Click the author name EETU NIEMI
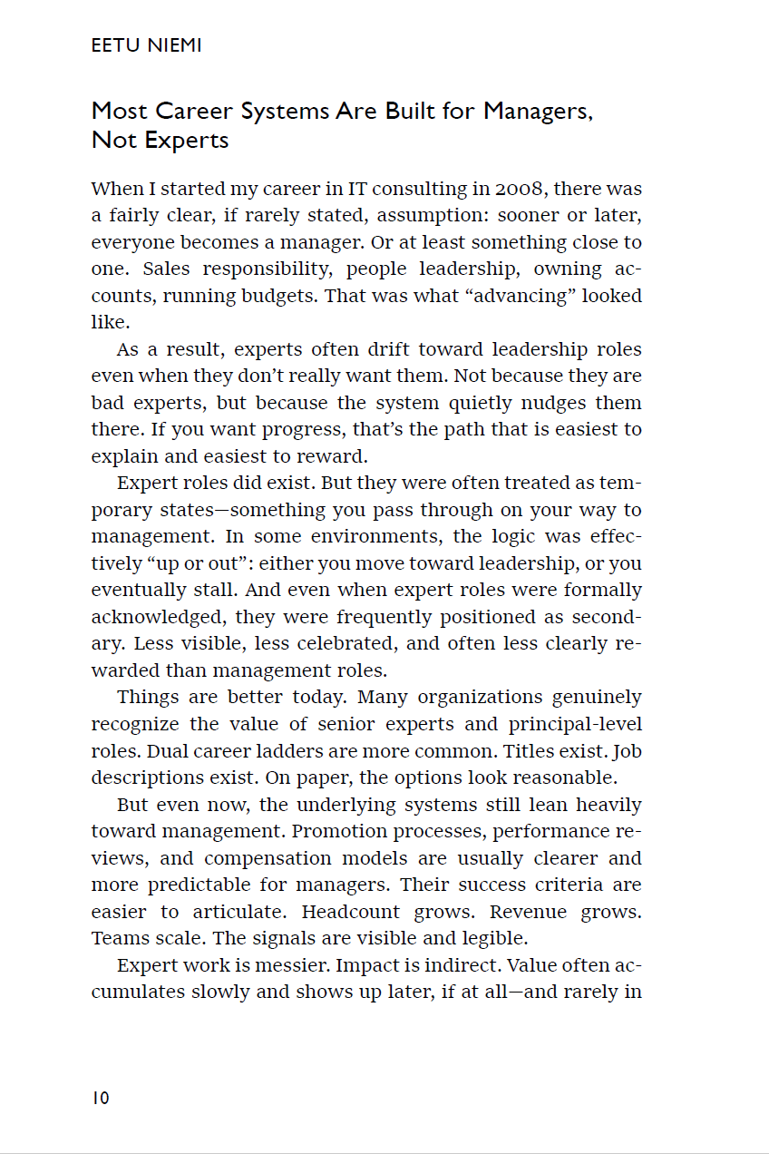[146, 45]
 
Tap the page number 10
[100, 1098]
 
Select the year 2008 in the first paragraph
[520, 189]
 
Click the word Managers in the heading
[537, 112]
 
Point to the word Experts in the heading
[186, 141]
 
